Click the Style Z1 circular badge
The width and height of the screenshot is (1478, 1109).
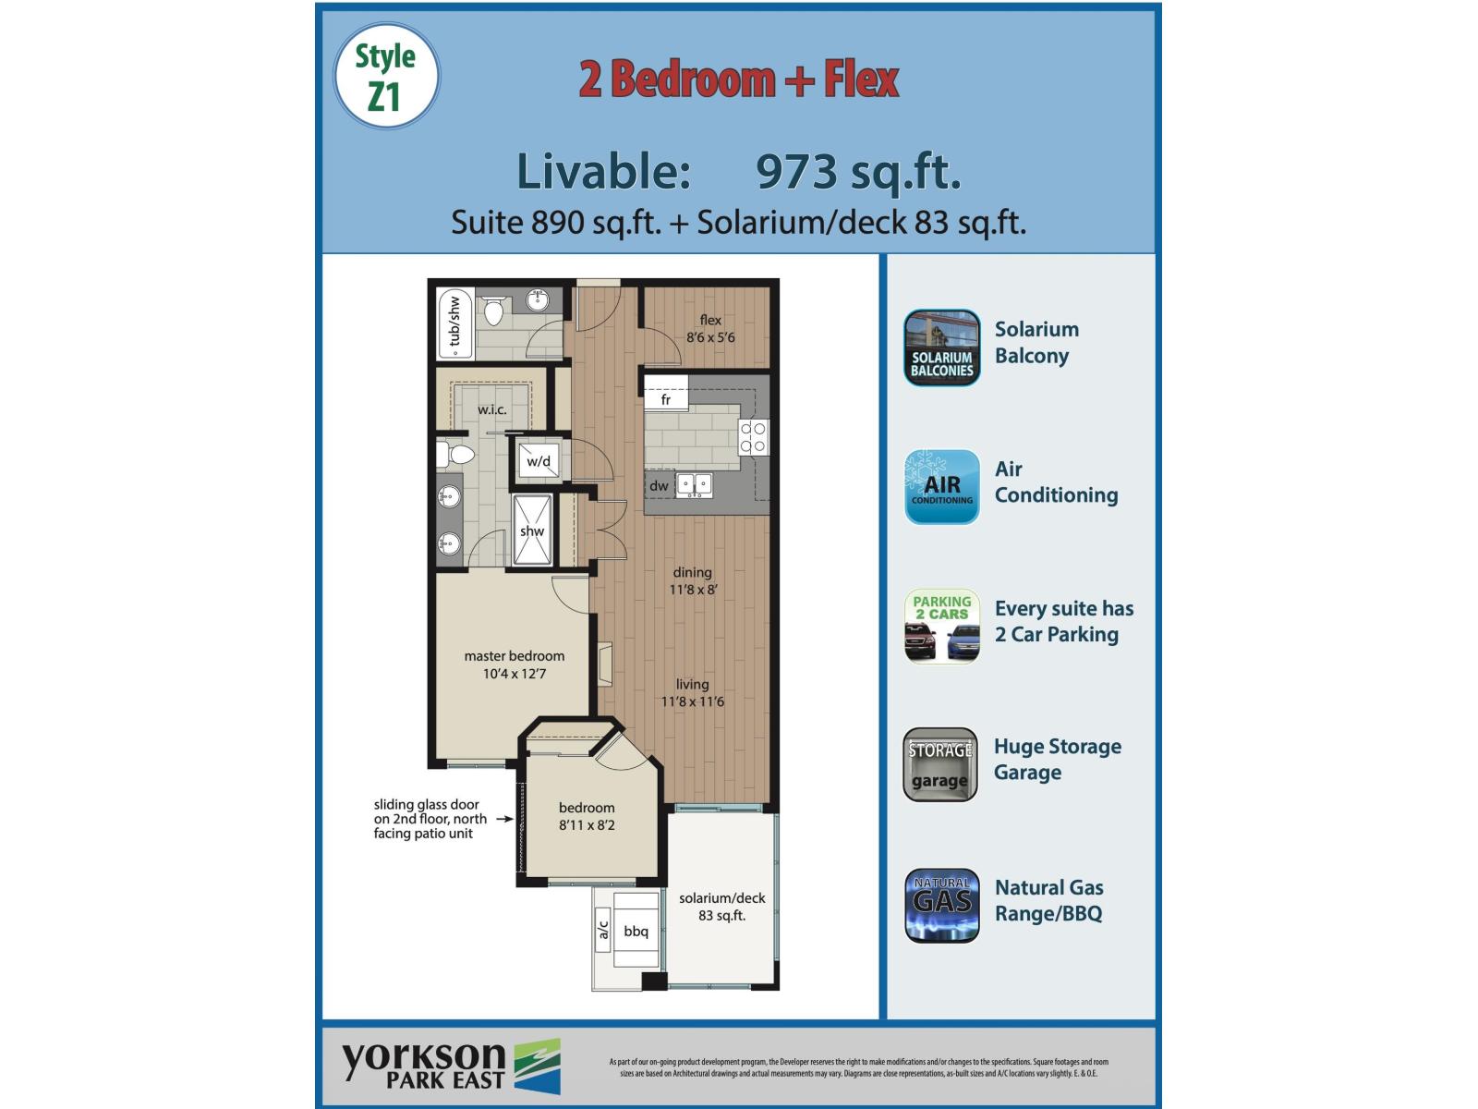[386, 77]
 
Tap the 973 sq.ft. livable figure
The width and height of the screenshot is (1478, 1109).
[858, 172]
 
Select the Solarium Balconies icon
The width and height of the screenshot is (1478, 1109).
[941, 347]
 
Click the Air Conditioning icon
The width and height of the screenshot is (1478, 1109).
[941, 487]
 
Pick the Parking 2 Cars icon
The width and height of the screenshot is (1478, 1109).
[941, 627]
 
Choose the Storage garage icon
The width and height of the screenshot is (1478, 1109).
[940, 764]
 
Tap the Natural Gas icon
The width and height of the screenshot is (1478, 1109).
[941, 905]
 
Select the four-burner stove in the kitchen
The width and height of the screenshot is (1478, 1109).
[754, 437]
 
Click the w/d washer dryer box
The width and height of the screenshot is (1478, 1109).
[539, 460]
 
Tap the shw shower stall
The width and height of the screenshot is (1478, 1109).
[532, 530]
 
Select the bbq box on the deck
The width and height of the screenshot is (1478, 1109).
[636, 930]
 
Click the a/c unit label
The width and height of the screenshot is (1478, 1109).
[603, 929]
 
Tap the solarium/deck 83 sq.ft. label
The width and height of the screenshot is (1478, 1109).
[721, 907]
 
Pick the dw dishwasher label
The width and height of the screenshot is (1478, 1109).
[659, 485]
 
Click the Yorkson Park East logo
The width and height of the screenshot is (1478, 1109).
[451, 1066]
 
